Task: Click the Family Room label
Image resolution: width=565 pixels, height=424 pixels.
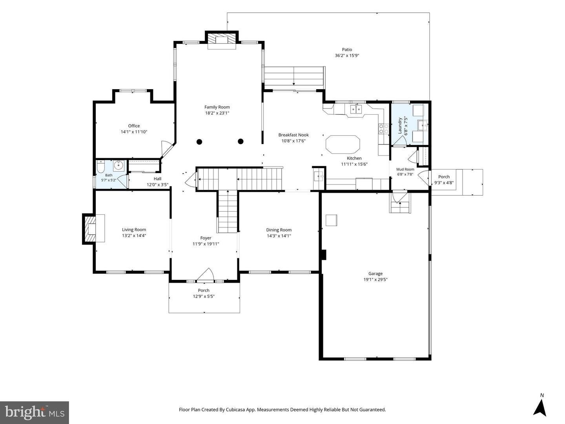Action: point(217,107)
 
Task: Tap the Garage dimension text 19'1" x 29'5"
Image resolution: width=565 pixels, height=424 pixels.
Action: point(375,279)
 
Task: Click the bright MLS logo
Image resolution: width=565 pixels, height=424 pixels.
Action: point(35,413)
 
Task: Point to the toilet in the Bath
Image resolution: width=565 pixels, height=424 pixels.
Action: point(101,167)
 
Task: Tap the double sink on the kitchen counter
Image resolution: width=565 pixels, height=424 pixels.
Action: point(356,109)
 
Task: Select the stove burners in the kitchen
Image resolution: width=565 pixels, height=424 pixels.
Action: point(383,129)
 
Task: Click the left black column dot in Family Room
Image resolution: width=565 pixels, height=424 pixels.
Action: point(199,142)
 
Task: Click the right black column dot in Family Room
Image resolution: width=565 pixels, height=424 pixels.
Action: point(241,141)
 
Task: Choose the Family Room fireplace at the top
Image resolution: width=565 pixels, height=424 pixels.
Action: point(222,40)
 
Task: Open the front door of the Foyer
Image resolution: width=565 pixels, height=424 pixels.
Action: point(206,274)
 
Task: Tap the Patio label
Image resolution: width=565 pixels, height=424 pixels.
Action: point(347,49)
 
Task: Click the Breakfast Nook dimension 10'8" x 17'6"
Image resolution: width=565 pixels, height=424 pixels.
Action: point(293,141)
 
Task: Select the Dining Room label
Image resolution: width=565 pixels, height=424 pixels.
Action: point(279,230)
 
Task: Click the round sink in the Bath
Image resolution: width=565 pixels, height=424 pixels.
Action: point(118,166)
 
